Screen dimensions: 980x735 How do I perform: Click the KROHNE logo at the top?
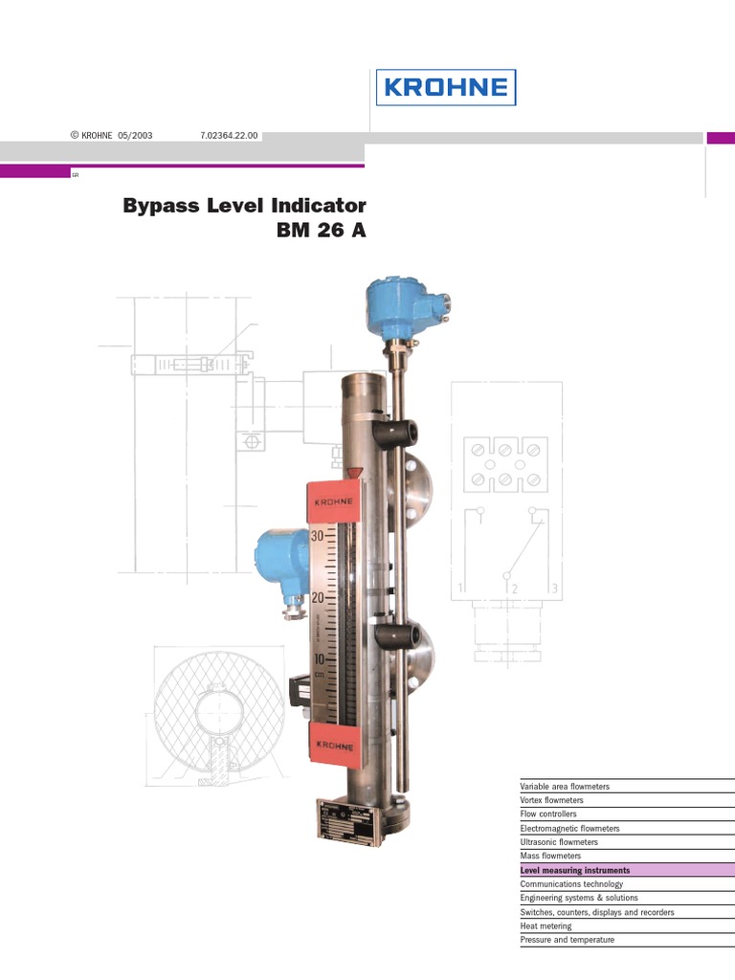coord(445,87)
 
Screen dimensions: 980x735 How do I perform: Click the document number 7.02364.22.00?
coord(229,136)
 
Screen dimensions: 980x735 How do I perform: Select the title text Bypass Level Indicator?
coord(244,206)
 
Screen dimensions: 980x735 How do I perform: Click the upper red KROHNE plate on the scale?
coord(334,501)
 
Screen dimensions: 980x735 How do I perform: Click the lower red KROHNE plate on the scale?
coord(334,745)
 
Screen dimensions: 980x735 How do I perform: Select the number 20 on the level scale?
coord(319,596)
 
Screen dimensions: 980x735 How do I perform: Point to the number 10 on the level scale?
coord(319,659)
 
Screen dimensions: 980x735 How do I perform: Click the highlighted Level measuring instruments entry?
coord(575,871)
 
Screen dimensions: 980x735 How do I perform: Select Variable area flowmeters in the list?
coord(565,787)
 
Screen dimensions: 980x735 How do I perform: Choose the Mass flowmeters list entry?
coord(550,857)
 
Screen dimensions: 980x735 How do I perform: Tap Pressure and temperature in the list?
coord(568,940)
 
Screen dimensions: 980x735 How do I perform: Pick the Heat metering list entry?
coord(546,926)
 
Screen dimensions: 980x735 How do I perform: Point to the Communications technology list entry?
coord(571,884)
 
